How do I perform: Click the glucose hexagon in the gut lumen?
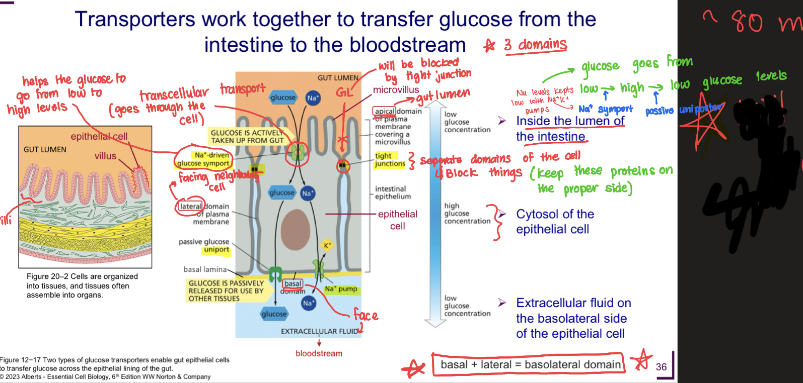click(283, 98)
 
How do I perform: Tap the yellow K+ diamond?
click(327, 245)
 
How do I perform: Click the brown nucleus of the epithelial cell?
click(296, 229)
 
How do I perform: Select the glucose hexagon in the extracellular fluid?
click(274, 314)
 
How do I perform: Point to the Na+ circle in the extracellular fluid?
click(308, 303)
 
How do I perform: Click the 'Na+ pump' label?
click(341, 289)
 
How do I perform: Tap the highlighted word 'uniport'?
click(216, 250)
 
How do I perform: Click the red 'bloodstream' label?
click(319, 353)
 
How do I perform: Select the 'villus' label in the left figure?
click(105, 156)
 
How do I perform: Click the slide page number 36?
click(661, 367)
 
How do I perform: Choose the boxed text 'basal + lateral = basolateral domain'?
click(530, 364)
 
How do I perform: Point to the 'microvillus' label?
click(396, 90)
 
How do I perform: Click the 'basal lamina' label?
click(205, 269)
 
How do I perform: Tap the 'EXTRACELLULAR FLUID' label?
click(320, 331)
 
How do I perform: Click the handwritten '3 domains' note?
click(536, 45)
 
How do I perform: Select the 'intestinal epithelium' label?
click(393, 193)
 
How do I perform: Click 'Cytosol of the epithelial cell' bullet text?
click(554, 222)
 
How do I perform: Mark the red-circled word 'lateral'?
click(191, 206)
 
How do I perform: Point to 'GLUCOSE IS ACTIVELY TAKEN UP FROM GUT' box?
click(247, 137)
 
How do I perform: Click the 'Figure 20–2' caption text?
click(82, 285)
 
